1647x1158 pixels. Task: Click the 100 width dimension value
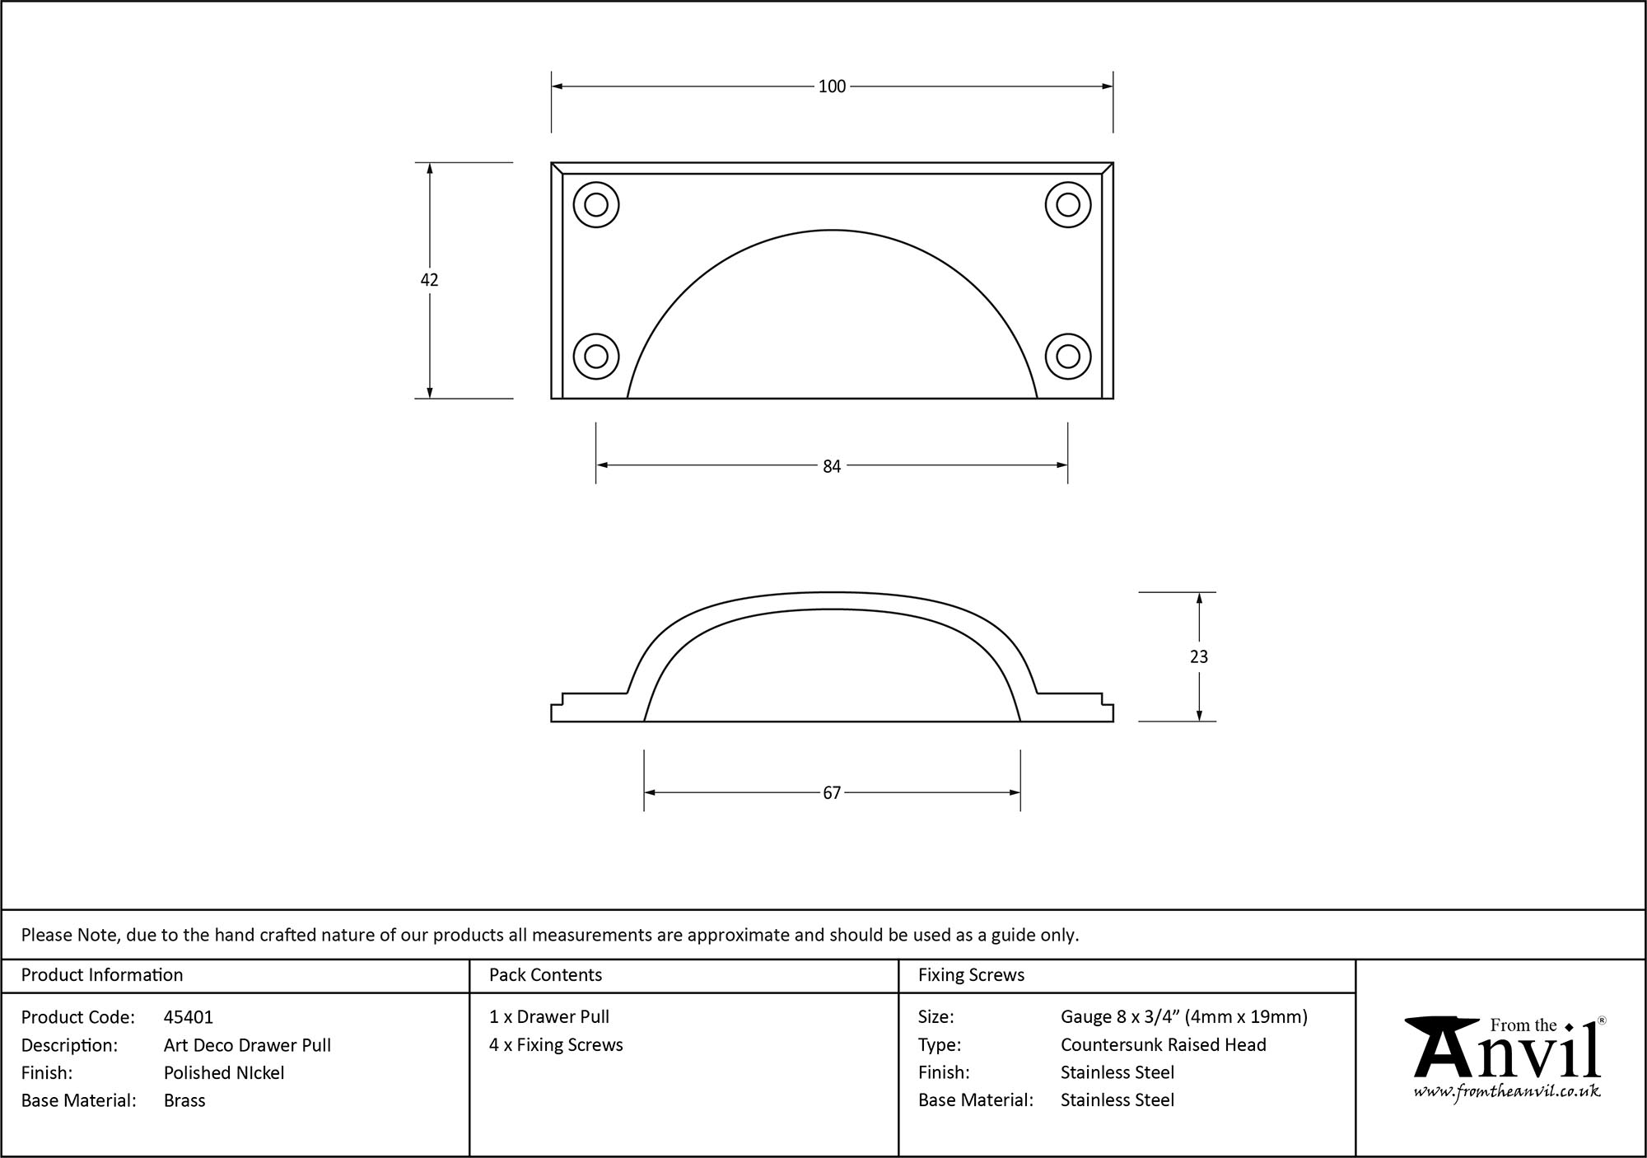[832, 86]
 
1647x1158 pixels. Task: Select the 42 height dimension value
[429, 280]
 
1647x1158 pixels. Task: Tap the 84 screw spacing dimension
[832, 466]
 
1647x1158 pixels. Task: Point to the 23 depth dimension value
[1199, 656]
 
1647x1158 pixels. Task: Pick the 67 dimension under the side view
[832, 792]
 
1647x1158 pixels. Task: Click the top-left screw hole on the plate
[596, 204]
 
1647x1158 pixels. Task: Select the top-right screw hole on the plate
[1068, 204]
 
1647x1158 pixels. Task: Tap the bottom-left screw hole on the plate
[596, 357]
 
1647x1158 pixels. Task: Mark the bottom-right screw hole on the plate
[1068, 357]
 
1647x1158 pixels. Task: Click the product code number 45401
[189, 1017]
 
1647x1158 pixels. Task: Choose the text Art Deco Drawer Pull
[247, 1045]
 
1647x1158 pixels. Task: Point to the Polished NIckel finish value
[224, 1072]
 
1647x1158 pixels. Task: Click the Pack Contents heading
[545, 975]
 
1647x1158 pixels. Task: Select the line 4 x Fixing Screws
[556, 1044]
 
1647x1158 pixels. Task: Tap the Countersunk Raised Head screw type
[1163, 1044]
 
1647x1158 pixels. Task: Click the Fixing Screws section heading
[971, 975]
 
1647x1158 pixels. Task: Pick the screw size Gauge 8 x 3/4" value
[1183, 1017]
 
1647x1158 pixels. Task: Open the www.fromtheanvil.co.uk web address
[1506, 1091]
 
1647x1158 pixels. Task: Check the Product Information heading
[102, 975]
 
